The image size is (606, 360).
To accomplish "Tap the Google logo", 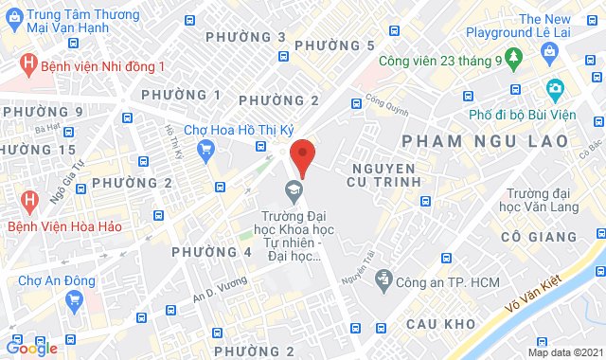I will pyautogui.click(x=30, y=348).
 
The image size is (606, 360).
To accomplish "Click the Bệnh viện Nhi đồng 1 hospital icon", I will pyautogui.click(x=29, y=65).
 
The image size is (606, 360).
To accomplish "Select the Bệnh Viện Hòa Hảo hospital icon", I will pyautogui.click(x=29, y=201).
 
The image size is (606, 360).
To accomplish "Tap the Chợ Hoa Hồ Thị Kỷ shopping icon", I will pyautogui.click(x=205, y=147).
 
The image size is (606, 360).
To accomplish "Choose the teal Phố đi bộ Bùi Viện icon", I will pyautogui.click(x=555, y=90).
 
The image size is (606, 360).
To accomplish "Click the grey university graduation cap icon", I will pyautogui.click(x=295, y=190).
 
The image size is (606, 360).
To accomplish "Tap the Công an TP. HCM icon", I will pyautogui.click(x=383, y=279).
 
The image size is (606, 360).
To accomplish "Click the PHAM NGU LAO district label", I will pyautogui.click(x=486, y=140).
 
